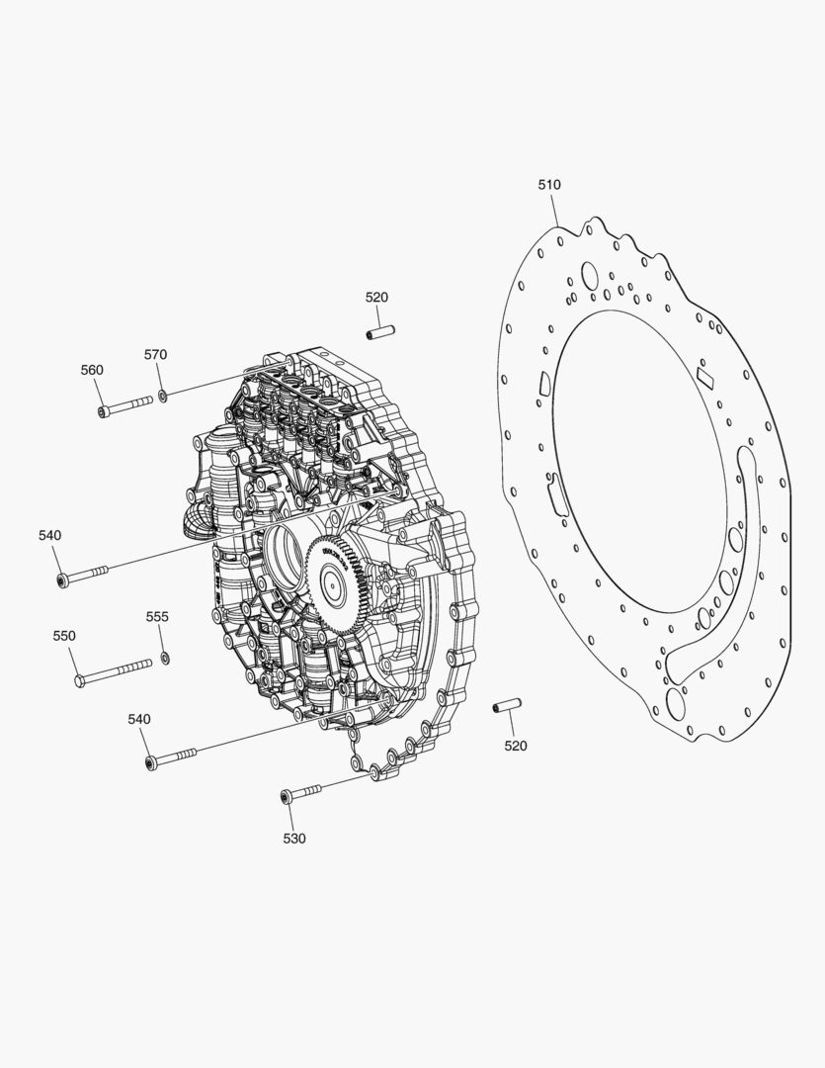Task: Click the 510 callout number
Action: pyautogui.click(x=549, y=185)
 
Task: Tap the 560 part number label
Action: pyautogui.click(x=92, y=370)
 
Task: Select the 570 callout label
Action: pyautogui.click(x=156, y=354)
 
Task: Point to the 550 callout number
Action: pyautogui.click(x=64, y=636)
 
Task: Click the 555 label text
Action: pyautogui.click(x=157, y=616)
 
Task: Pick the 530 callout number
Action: pyautogui.click(x=294, y=839)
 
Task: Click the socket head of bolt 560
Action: pyautogui.click(x=104, y=411)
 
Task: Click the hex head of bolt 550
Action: pyautogui.click(x=79, y=680)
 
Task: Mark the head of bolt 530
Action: pyautogui.click(x=285, y=796)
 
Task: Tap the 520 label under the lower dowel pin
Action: pyautogui.click(x=516, y=746)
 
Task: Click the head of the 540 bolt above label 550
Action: pyautogui.click(x=62, y=579)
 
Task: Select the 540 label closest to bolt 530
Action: pyautogui.click(x=139, y=719)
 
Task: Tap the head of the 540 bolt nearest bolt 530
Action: pyautogui.click(x=151, y=763)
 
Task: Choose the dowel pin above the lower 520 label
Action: pyautogui.click(x=506, y=706)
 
